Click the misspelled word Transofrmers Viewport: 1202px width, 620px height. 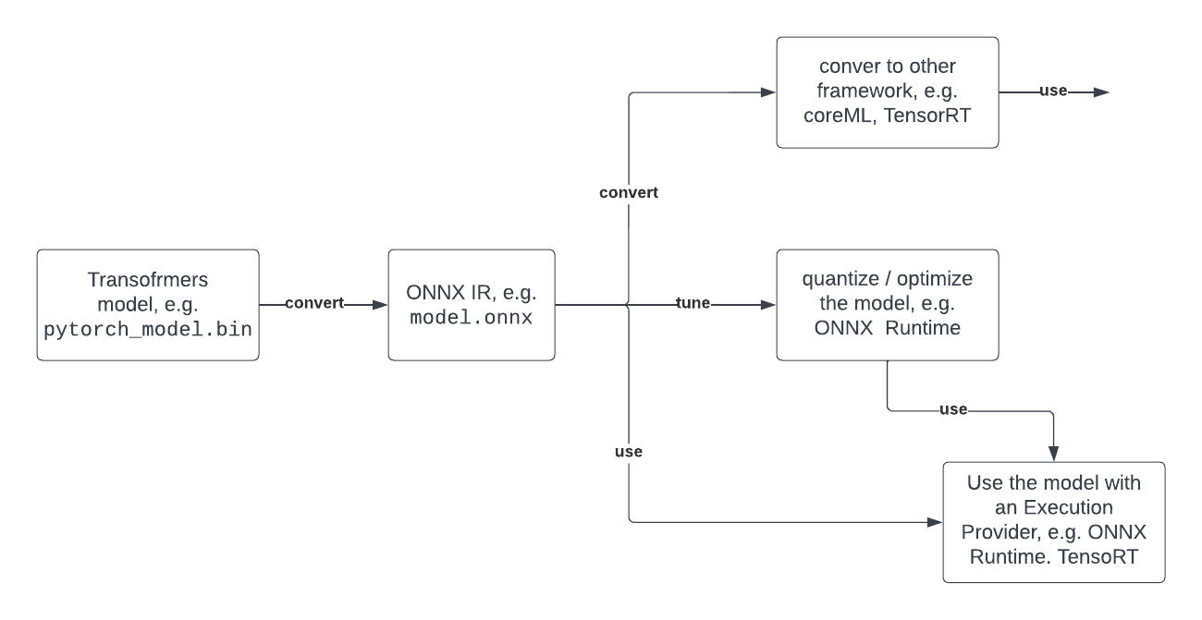[x=148, y=278]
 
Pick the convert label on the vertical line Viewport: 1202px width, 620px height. [x=629, y=194]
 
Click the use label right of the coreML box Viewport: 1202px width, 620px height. [x=1053, y=92]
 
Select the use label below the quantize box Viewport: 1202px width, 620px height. [x=952, y=409]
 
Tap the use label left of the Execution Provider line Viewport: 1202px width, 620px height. [x=629, y=452]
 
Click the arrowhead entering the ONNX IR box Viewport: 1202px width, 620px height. [x=379, y=304]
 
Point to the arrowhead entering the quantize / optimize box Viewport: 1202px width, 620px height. [x=767, y=304]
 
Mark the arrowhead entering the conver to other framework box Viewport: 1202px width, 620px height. [x=767, y=92]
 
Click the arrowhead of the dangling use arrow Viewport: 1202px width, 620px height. [x=1100, y=92]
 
